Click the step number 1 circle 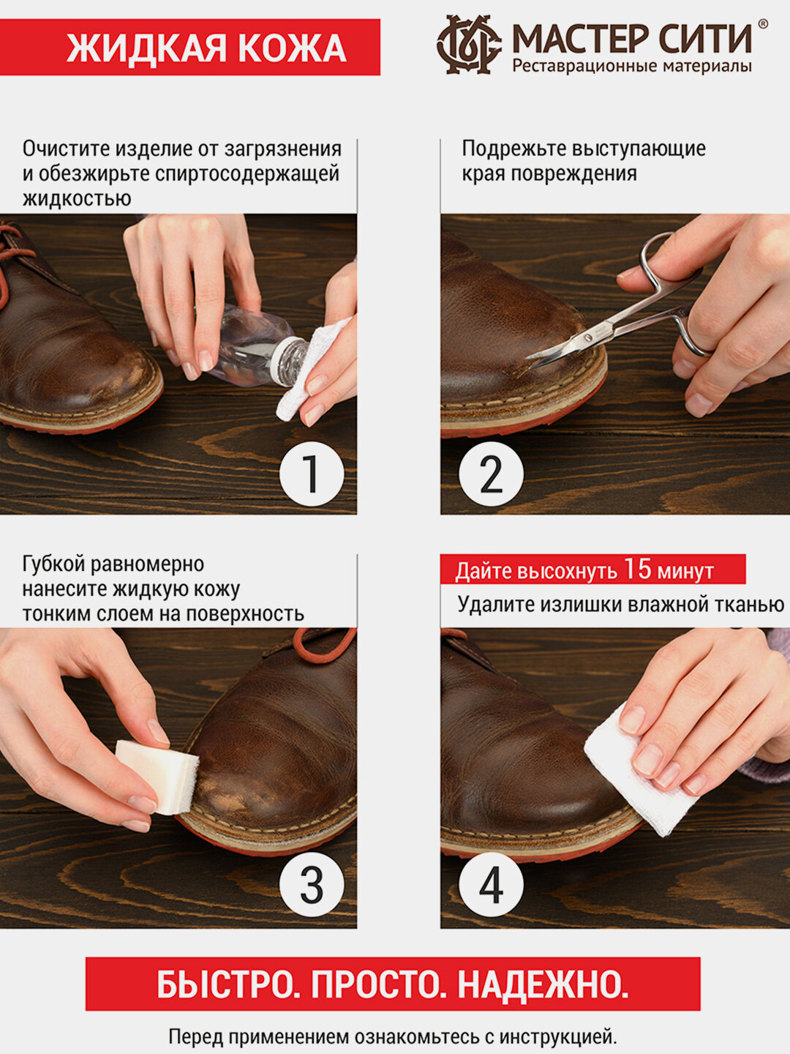pos(312,474)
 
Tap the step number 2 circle pos(491,474)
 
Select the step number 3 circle pos(312,884)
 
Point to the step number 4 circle pos(491,884)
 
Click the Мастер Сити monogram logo pos(469,45)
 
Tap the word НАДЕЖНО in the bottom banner pos(543,984)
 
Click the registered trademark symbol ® pos(762,23)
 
